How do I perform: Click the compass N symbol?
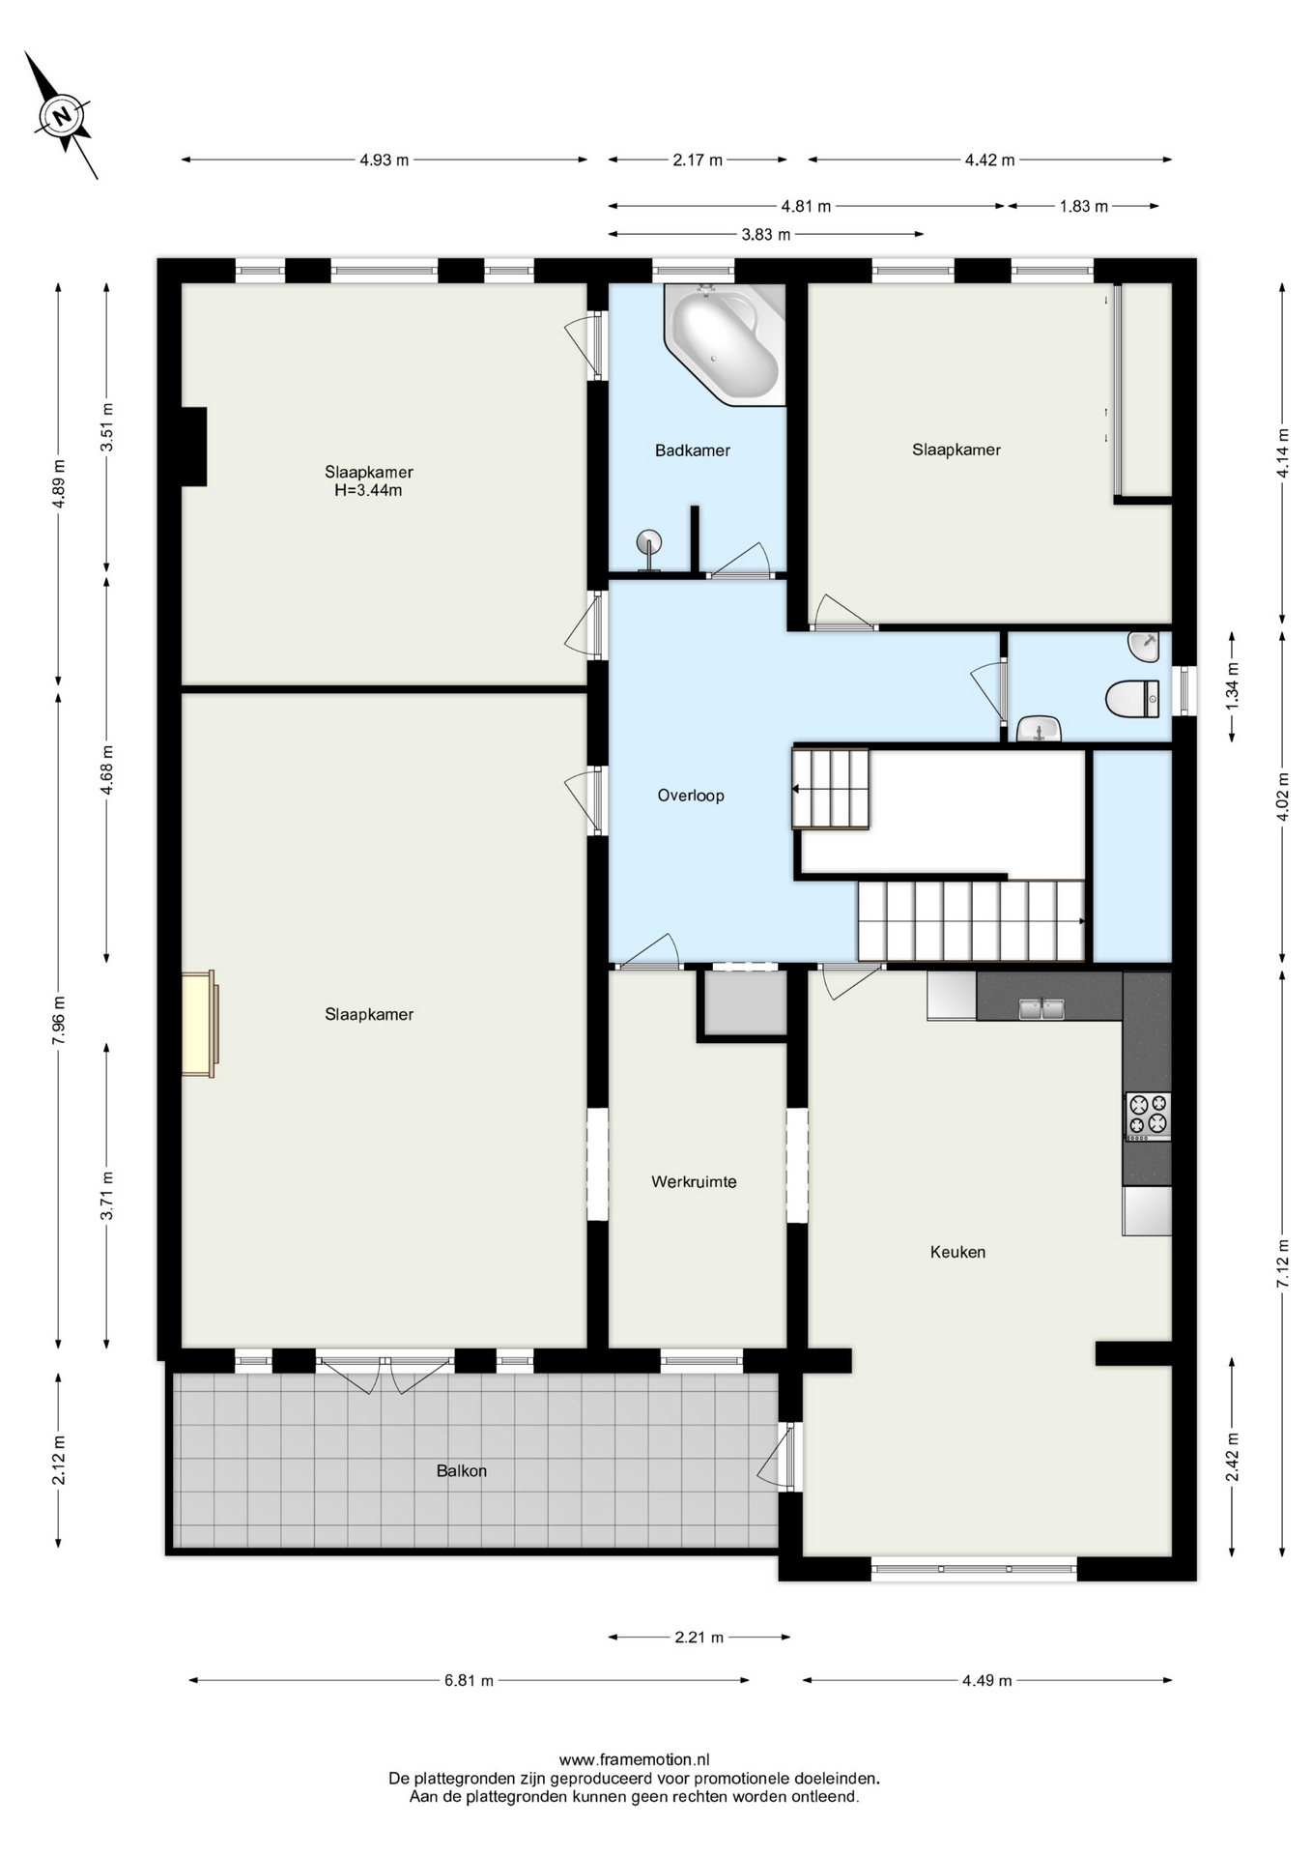coord(64,117)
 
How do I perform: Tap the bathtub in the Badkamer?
coord(725,344)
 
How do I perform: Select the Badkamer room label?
coord(692,450)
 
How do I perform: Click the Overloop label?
coord(691,796)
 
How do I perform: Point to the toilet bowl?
coord(1132,699)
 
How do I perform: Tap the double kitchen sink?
coord(1041,1008)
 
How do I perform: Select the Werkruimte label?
coord(694,1181)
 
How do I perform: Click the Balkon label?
coord(461,1470)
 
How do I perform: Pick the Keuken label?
coord(957,1252)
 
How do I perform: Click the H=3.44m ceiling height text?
coord(368,490)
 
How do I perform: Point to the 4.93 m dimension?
coord(384,159)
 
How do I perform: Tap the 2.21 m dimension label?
coord(699,1637)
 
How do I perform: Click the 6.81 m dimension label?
coord(469,1680)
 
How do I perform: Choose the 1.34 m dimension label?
coord(1233,687)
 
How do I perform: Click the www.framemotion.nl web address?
coord(634,1759)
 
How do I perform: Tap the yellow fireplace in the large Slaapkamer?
coord(200,1024)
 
